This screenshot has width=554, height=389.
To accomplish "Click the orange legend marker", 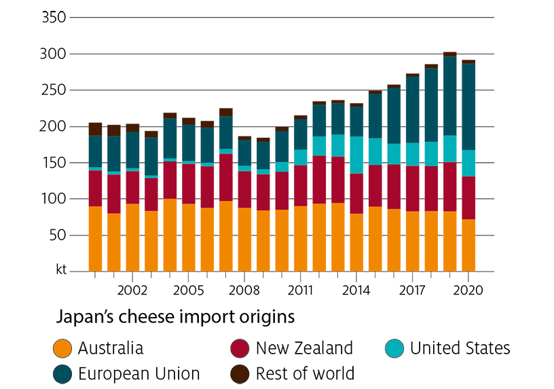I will click(x=62, y=348).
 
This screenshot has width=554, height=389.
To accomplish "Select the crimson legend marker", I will click(x=240, y=348).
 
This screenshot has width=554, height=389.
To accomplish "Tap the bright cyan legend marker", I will click(x=394, y=348).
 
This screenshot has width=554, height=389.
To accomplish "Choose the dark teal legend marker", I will click(x=62, y=373).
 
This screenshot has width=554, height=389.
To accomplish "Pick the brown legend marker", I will click(x=240, y=373).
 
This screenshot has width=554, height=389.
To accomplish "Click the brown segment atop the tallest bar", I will click(x=449, y=45).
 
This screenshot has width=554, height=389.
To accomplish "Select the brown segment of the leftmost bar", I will click(x=95, y=116).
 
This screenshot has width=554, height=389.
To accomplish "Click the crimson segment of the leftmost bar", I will click(x=95, y=188).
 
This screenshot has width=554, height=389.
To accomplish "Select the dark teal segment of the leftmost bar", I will click(x=95, y=151).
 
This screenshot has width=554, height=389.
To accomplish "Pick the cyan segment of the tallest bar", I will click(x=449, y=149).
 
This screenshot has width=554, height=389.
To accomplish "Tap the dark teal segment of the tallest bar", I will click(x=449, y=96).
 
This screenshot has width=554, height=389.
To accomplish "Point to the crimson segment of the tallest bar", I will click(x=449, y=187).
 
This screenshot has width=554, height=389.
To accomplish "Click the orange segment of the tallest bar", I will click(x=449, y=241).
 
